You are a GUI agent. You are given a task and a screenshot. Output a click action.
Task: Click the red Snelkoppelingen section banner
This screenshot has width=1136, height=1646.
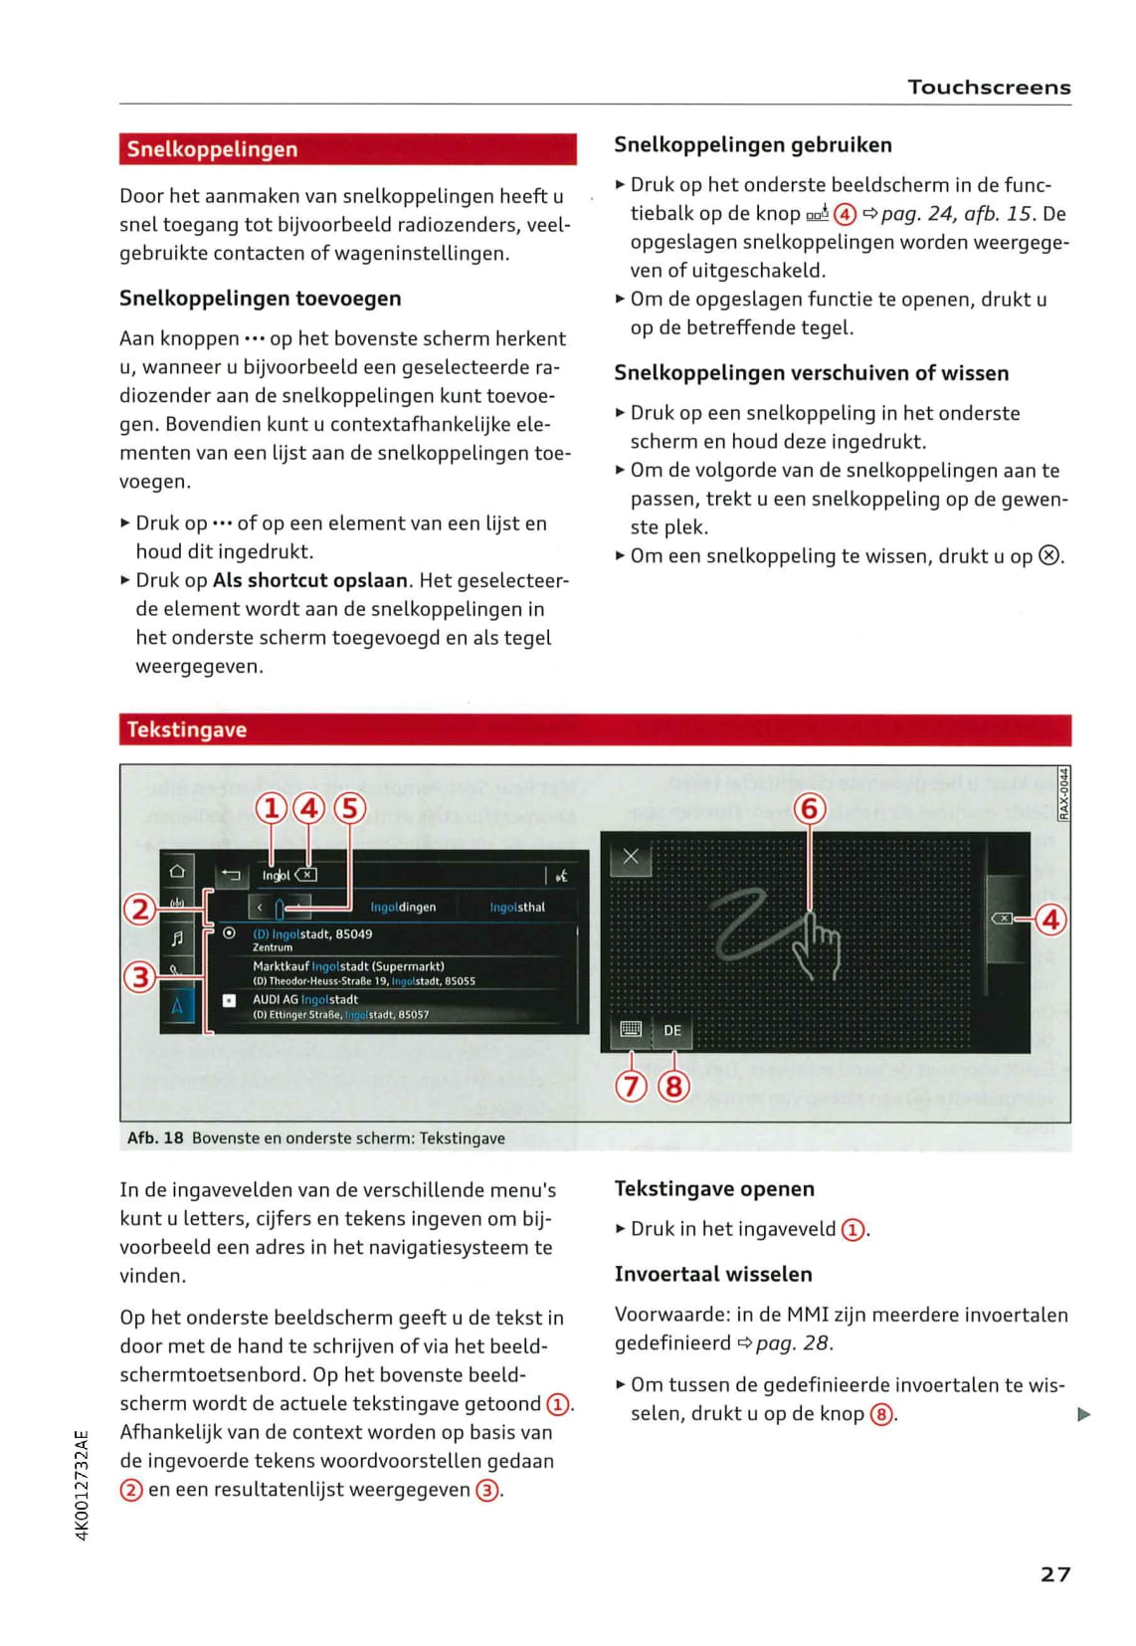pyautogui.click(x=347, y=149)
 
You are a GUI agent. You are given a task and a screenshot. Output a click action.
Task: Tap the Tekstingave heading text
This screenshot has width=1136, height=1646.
pyautogui.click(x=187, y=729)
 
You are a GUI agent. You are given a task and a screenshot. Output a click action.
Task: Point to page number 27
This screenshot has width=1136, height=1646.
pyautogui.click(x=1055, y=1573)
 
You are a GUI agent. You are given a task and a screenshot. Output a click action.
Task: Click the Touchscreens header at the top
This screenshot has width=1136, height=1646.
pyautogui.click(x=989, y=88)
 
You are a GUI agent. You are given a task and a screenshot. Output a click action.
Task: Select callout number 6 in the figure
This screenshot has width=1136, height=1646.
pyautogui.click(x=810, y=808)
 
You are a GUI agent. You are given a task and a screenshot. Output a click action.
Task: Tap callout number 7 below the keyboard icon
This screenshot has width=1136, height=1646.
pyautogui.click(x=632, y=1085)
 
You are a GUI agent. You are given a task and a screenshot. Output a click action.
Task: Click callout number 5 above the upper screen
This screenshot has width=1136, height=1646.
pyautogui.click(x=349, y=808)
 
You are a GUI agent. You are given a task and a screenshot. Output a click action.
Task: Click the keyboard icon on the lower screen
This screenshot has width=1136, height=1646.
pyautogui.click(x=631, y=1029)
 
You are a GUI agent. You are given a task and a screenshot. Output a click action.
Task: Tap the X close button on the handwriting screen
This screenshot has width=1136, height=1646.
pyautogui.click(x=631, y=856)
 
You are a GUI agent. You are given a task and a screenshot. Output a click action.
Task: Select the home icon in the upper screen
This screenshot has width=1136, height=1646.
pyautogui.click(x=177, y=871)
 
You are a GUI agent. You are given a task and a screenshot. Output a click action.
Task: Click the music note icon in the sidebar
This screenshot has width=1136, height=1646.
pyautogui.click(x=177, y=937)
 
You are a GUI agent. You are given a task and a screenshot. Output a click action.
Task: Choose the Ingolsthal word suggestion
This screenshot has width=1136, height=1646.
pyautogui.click(x=517, y=908)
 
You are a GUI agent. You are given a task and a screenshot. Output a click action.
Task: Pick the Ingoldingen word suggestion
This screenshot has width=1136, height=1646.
pyautogui.click(x=403, y=908)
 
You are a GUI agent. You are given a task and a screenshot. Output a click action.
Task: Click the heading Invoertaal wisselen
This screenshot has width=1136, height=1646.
pyautogui.click(x=713, y=1274)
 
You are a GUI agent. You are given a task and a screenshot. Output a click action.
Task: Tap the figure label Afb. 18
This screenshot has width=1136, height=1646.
pyautogui.click(x=155, y=1137)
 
